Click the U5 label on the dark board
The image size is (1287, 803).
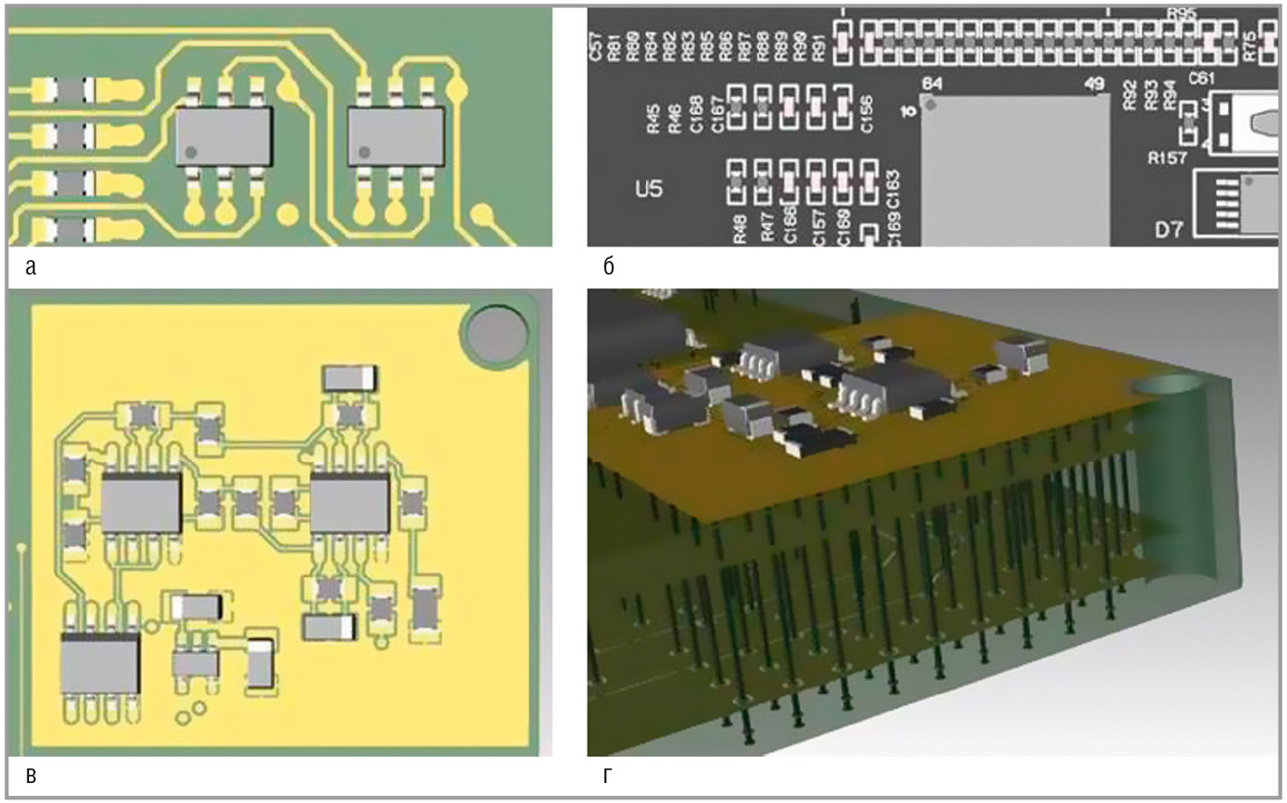pos(649,189)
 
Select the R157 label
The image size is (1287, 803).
pos(1167,157)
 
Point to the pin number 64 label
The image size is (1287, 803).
pos(932,84)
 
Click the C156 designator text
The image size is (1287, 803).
pos(866,114)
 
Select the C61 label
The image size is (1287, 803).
pos(1202,79)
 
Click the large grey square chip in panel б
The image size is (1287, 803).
pos(1014,168)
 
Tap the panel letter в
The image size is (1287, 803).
pos(32,776)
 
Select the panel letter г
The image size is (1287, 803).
pos(608,776)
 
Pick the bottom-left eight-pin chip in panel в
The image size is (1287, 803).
pos(100,662)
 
